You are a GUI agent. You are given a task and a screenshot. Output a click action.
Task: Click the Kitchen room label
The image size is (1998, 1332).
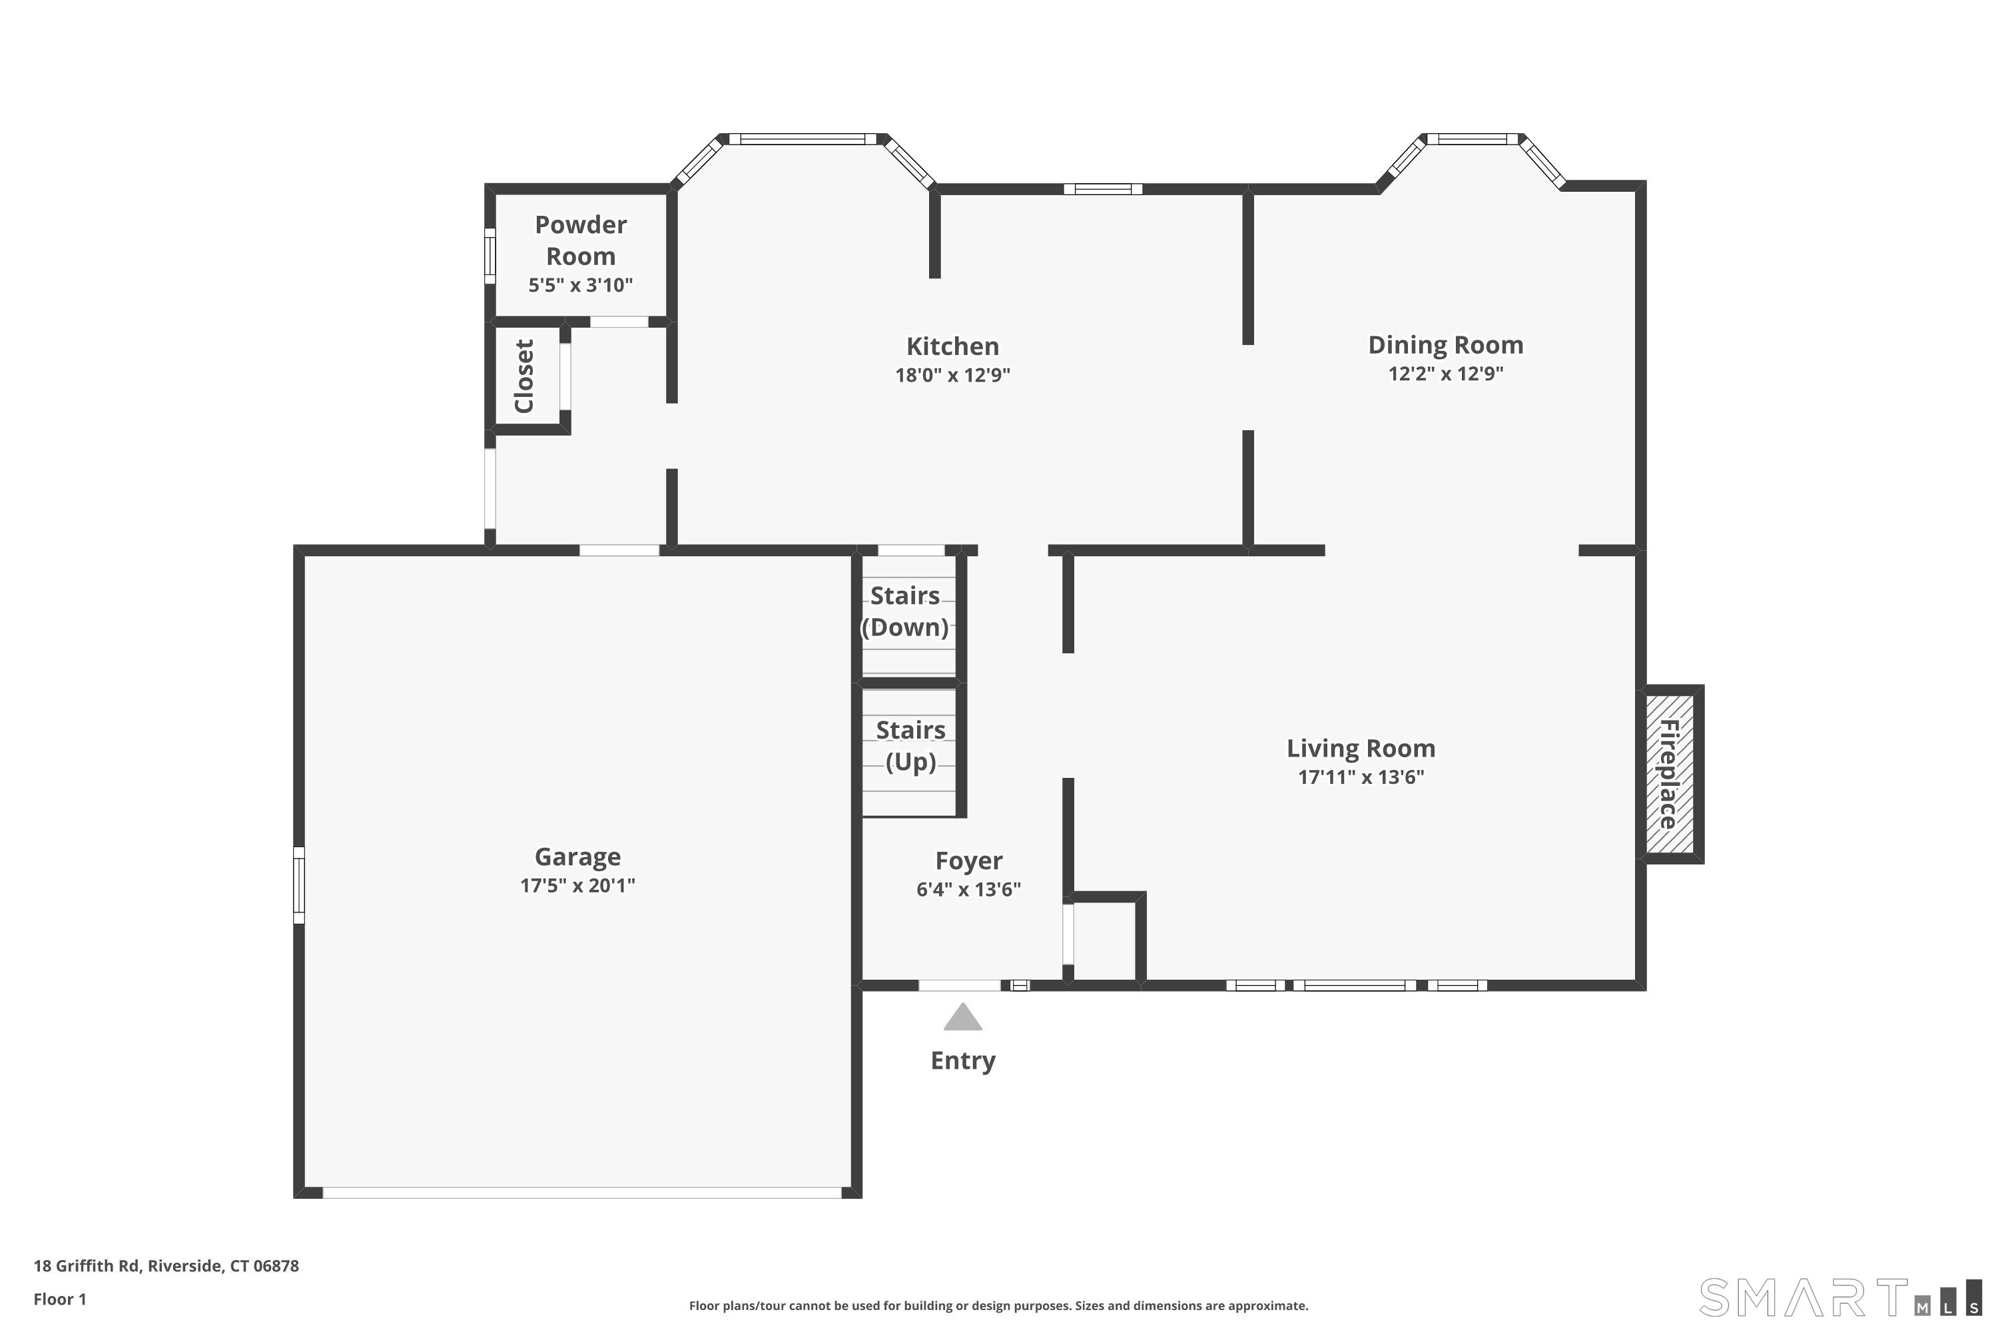tap(952, 346)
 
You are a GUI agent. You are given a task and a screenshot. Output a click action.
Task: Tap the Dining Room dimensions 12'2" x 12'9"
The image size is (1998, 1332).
tap(1446, 374)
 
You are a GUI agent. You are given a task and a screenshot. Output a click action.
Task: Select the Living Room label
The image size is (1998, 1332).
tap(1361, 749)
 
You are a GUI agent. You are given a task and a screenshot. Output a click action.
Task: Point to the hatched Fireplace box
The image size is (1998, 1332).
tap(1670, 774)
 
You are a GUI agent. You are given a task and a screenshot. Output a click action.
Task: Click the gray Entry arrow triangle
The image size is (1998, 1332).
tap(962, 1017)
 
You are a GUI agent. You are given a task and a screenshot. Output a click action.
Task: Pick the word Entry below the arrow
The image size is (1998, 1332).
tap(962, 1061)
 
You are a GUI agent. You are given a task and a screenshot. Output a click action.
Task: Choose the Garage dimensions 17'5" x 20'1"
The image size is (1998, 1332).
tap(577, 886)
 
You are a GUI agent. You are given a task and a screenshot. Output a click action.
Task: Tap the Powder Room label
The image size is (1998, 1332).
tap(581, 240)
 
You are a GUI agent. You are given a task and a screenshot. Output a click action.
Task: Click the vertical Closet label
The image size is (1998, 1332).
tap(524, 376)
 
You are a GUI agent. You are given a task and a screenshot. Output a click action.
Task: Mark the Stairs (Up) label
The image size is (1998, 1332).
tap(910, 746)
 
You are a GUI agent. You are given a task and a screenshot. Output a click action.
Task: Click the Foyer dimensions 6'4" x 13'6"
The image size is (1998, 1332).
tap(968, 889)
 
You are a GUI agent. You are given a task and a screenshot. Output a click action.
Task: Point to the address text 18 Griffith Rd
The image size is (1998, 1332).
tap(86, 1266)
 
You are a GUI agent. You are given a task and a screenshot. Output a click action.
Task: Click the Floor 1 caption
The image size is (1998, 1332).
tap(61, 1299)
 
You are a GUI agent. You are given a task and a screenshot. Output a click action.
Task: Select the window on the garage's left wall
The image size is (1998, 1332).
tap(299, 884)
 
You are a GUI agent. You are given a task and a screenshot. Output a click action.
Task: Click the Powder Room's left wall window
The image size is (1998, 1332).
tap(490, 256)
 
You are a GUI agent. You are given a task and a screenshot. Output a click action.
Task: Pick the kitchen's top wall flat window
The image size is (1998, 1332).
tap(1103, 189)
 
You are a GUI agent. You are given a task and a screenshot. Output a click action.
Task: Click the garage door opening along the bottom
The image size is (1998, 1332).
tap(582, 1193)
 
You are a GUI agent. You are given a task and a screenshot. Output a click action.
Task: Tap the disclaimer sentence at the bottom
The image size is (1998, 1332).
tap(999, 1305)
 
